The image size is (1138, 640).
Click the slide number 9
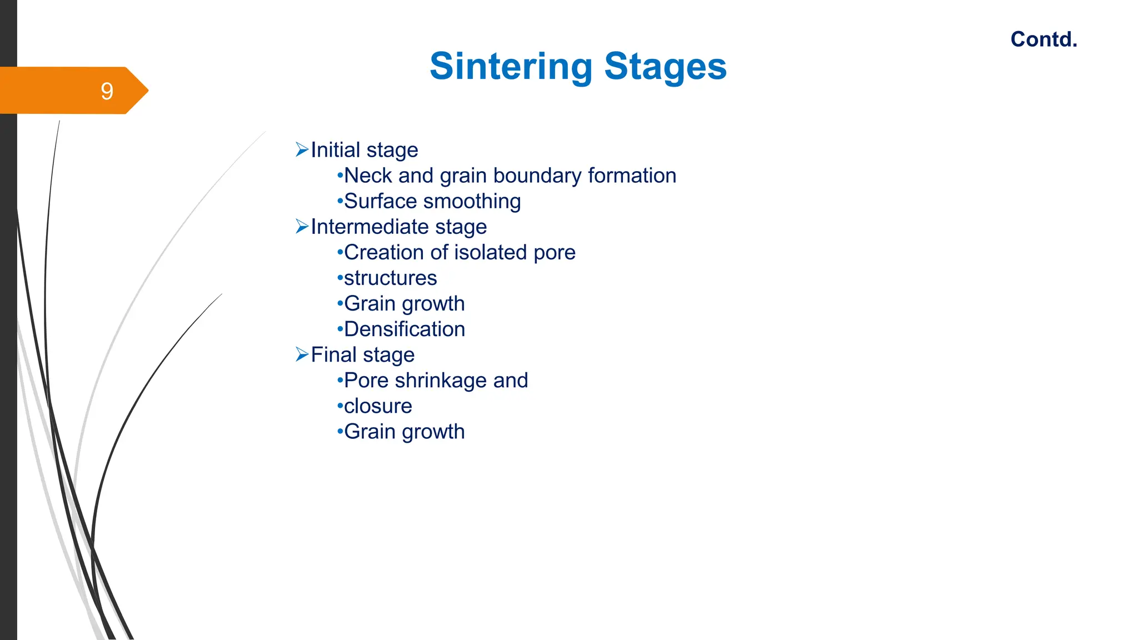[107, 91]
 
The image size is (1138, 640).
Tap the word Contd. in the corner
[1044, 39]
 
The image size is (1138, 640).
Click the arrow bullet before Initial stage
[302, 149]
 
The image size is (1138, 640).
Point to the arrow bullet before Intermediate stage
[302, 226]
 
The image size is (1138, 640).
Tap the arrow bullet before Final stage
[302, 354]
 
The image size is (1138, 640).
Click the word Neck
[368, 176]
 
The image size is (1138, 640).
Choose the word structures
[390, 278]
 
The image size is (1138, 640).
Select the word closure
[378, 406]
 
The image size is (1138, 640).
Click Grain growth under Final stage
[404, 432]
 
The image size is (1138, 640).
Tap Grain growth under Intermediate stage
[404, 303]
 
